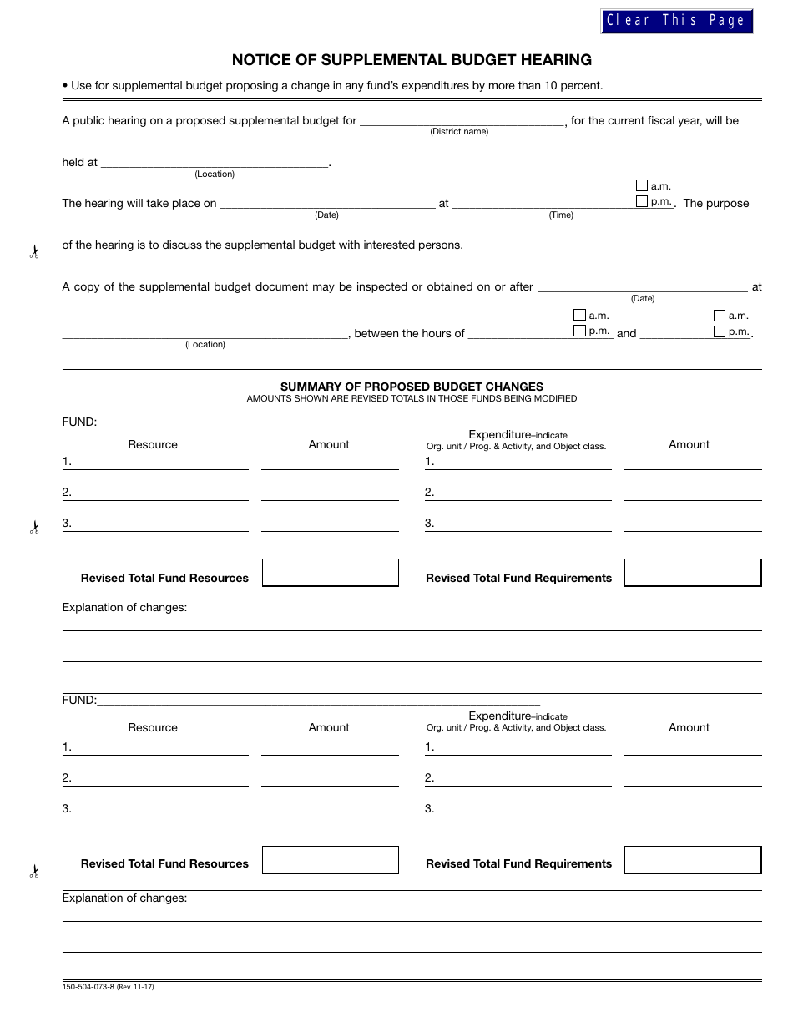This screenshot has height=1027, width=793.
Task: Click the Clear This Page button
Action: [x=676, y=21]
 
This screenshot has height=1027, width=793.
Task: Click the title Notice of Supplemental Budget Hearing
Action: [x=412, y=60]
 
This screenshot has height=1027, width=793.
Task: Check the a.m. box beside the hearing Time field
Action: [x=641, y=186]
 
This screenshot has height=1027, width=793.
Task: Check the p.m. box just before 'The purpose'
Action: [x=641, y=201]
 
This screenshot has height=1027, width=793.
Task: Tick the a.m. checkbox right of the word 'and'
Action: [x=719, y=316]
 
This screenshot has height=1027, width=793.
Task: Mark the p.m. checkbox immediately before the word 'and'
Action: [x=579, y=331]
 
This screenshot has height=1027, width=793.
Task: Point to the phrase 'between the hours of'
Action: [x=409, y=334]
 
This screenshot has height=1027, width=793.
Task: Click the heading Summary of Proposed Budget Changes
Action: [x=412, y=387]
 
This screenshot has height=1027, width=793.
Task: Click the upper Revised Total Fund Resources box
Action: [x=331, y=573]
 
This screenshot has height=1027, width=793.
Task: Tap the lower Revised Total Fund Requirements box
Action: [x=693, y=859]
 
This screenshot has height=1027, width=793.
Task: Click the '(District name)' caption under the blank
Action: [x=459, y=132]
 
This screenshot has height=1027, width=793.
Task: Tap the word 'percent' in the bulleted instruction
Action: [x=580, y=85]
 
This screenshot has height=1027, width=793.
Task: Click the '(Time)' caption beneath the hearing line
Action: [x=561, y=215]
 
